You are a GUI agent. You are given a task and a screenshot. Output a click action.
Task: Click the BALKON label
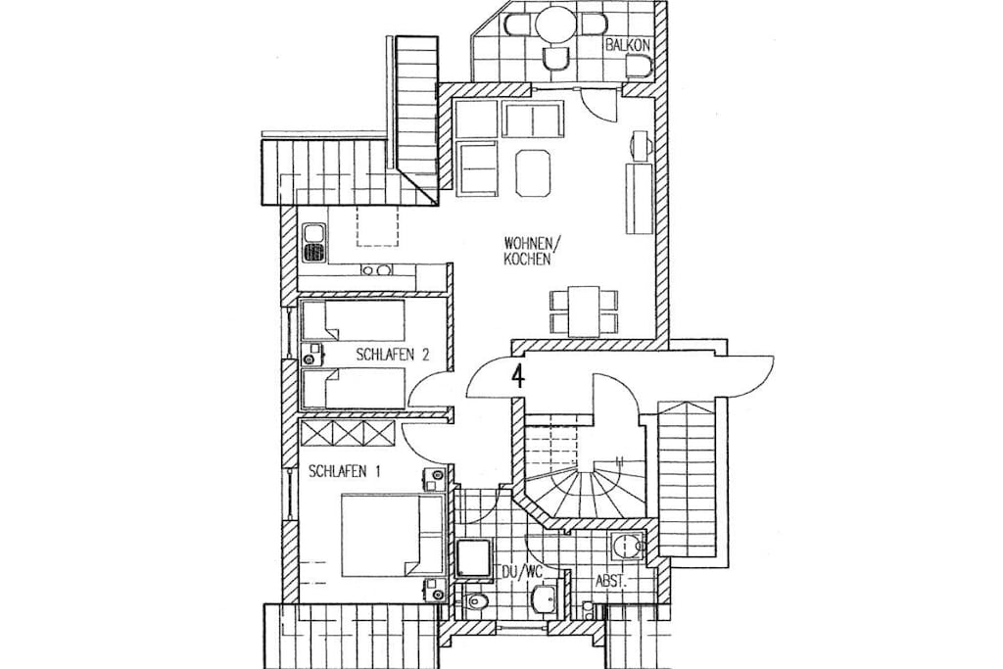pyautogui.click(x=628, y=45)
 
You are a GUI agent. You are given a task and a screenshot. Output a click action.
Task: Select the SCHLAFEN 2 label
pyautogui.click(x=392, y=356)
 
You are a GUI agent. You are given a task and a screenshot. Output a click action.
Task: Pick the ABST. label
pyautogui.click(x=611, y=582)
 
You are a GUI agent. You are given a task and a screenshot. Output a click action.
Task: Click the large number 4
pyautogui.click(x=518, y=375)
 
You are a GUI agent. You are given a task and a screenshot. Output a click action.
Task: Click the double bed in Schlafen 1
pyautogui.click(x=392, y=535)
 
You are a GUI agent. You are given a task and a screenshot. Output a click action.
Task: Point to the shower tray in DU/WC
pyautogui.click(x=475, y=561)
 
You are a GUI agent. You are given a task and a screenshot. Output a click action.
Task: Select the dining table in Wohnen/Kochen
pyautogui.click(x=584, y=311)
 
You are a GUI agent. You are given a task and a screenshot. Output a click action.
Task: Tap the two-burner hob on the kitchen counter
pyautogui.click(x=376, y=270)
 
